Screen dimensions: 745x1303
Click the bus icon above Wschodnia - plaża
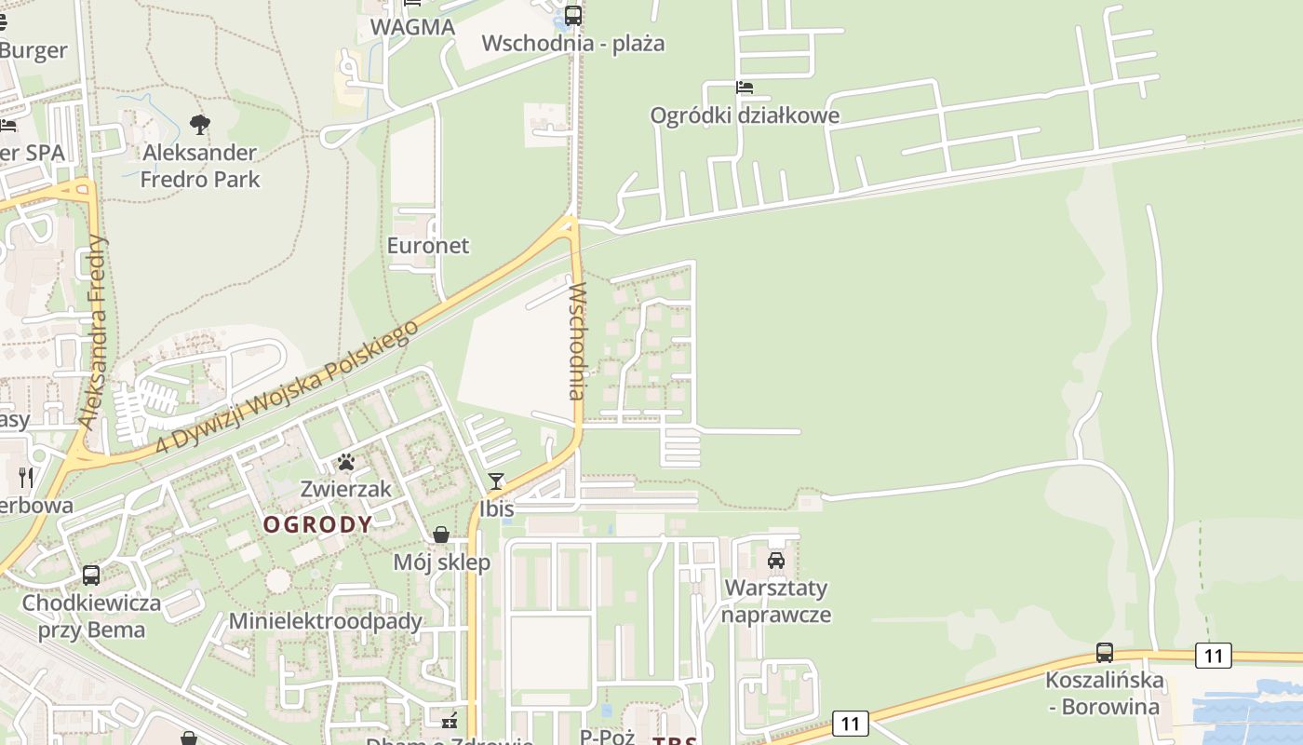pos(572,16)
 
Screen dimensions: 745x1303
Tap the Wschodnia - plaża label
pos(573,44)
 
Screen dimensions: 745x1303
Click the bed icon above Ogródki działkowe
pos(744,88)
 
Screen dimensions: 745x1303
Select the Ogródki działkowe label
pos(745,115)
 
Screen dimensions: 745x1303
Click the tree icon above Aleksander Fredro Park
pos(199,125)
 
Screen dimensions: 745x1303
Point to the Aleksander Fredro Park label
pos(200,166)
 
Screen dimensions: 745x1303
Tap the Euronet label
pos(428,246)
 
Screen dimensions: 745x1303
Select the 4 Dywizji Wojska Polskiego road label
pos(282,389)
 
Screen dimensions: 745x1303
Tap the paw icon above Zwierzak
pos(346,462)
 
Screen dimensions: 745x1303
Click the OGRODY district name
pos(317,524)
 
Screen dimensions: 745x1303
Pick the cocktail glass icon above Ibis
pos(496,481)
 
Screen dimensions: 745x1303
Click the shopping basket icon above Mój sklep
pos(441,535)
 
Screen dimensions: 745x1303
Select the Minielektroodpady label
pos(326,621)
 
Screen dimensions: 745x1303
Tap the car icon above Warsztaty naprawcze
pos(775,561)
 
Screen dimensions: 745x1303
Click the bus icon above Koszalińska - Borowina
pos(1105,653)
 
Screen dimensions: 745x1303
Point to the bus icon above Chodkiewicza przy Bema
pos(91,576)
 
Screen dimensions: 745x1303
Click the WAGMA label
pos(412,27)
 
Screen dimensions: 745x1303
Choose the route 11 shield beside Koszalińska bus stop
pos(1213,657)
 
